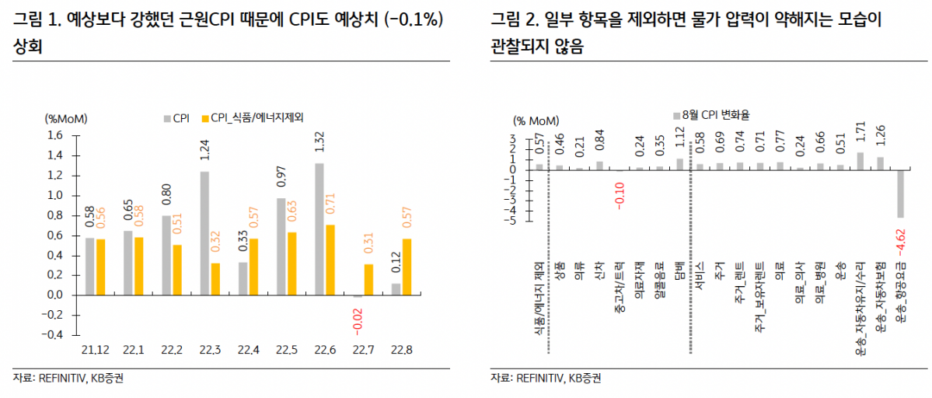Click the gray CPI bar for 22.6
(319, 229)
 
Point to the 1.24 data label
(204, 149)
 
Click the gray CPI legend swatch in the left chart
(166, 119)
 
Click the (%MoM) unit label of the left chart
(65, 119)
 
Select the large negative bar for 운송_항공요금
(901, 194)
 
